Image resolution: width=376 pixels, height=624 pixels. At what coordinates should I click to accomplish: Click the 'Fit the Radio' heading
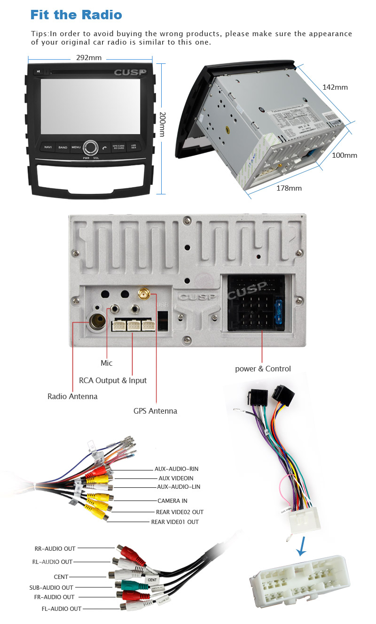tap(76, 15)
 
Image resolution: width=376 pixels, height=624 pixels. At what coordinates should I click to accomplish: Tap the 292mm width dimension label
tap(89, 58)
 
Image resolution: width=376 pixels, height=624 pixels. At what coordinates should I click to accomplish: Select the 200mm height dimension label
tap(163, 124)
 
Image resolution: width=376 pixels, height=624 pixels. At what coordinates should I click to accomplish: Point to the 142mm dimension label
tap(335, 87)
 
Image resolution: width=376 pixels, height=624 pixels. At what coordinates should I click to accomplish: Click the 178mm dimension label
tap(289, 188)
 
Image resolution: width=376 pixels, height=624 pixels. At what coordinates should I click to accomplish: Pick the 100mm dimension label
tap(345, 155)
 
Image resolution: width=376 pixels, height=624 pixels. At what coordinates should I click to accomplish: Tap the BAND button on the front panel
tap(63, 147)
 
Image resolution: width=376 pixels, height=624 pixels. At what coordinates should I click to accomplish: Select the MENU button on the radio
tap(76, 147)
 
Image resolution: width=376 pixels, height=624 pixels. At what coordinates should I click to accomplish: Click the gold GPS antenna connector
tap(144, 294)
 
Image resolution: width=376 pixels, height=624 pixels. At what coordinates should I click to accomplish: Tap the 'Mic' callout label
tap(107, 363)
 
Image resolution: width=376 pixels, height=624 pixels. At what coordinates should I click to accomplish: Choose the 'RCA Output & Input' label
tap(113, 380)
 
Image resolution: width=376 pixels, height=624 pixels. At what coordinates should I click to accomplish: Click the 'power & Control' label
tap(263, 369)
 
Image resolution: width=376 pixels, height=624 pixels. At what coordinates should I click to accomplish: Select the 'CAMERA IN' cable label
tap(172, 501)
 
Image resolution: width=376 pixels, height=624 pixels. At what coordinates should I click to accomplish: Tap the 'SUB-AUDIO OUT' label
tap(51, 587)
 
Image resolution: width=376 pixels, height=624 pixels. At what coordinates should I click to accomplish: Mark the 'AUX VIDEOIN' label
tap(175, 478)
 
